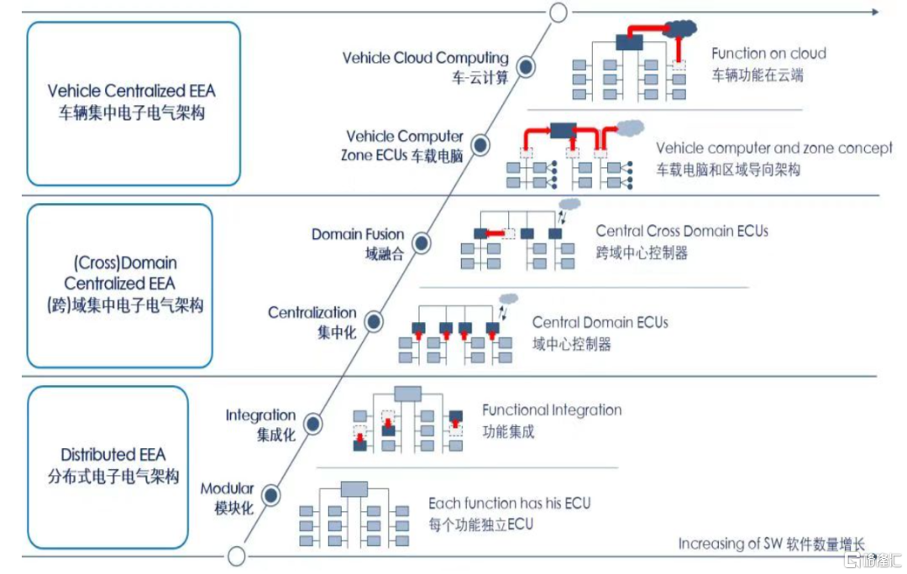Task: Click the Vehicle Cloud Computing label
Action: click(x=425, y=58)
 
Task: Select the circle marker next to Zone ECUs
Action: click(x=480, y=146)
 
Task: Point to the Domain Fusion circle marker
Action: click(x=422, y=242)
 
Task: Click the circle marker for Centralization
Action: click(x=374, y=321)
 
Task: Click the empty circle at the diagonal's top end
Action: click(x=558, y=13)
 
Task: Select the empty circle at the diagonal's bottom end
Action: click(x=237, y=556)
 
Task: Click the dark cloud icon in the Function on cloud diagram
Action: click(x=682, y=29)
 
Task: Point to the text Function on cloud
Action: click(x=768, y=54)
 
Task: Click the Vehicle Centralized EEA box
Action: click(x=134, y=103)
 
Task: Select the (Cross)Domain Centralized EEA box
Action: click(x=120, y=285)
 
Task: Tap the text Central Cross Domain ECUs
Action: click(x=682, y=231)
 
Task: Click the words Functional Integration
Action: click(x=552, y=410)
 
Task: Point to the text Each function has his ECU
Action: click(x=509, y=504)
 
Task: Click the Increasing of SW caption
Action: click(x=771, y=544)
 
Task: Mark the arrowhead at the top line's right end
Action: click(x=875, y=13)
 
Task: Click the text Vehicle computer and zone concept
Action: click(x=773, y=149)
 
